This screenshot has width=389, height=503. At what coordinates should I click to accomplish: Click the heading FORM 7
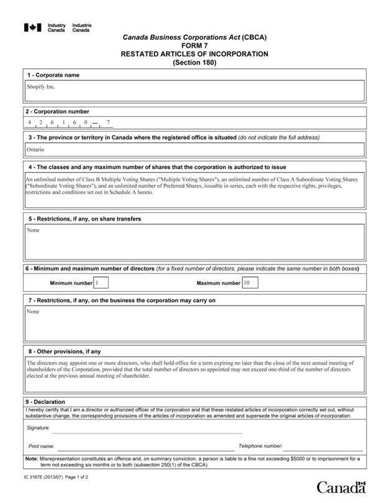194,46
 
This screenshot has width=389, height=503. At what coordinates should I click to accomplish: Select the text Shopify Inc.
41,87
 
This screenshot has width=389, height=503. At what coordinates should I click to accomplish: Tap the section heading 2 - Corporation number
58,112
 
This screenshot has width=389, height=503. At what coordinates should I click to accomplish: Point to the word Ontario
35,150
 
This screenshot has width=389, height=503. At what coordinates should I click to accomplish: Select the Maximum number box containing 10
250,283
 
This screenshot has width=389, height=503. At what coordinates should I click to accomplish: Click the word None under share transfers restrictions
33,230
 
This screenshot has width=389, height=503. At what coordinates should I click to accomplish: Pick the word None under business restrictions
33,312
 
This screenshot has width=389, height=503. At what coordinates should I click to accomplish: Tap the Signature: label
39,428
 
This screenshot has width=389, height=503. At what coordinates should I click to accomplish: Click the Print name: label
42,446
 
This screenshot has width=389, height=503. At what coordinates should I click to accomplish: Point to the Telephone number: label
260,446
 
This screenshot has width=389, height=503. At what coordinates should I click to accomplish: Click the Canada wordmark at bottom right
341,487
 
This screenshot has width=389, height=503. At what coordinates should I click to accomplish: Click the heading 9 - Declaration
45,402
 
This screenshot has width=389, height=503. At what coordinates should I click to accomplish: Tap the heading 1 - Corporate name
53,75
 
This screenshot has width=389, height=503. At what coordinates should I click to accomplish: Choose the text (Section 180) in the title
194,63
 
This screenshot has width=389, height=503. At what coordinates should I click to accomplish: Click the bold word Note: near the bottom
31,458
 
